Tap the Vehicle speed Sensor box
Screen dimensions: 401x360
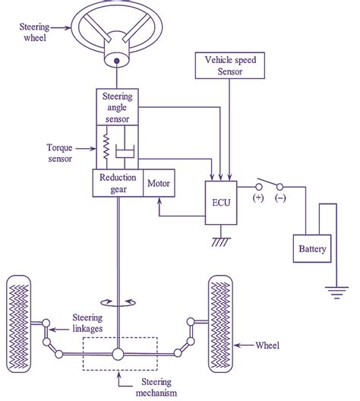coord(226,65)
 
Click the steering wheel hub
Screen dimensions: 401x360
coord(118,58)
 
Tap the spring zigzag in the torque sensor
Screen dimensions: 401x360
coord(106,148)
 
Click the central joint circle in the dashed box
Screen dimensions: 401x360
coord(118,354)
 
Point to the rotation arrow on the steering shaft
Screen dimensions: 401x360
coord(118,301)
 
